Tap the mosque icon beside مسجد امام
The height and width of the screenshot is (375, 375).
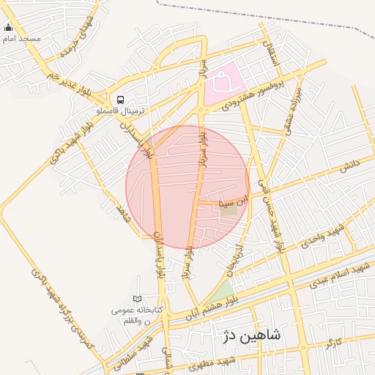click(9, 28)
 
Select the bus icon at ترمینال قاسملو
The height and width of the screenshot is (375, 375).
click(120, 100)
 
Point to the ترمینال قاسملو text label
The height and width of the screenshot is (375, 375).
click(122, 111)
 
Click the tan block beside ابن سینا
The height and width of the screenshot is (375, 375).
click(230, 209)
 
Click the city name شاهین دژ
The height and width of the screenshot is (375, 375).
click(250, 335)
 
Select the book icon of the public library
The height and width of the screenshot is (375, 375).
click(137, 298)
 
